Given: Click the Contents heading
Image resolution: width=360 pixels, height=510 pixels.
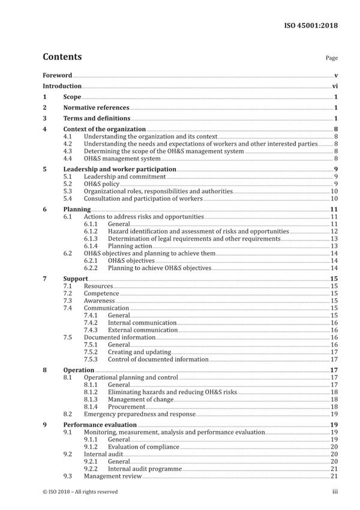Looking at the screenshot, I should [x=62, y=57].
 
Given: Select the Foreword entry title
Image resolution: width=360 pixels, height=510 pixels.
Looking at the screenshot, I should [x=58, y=76].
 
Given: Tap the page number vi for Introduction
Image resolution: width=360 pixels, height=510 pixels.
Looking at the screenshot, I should [x=335, y=86].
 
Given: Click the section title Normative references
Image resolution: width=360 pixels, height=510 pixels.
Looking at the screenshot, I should [x=96, y=108].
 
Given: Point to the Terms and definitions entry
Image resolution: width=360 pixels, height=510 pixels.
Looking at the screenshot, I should [x=97, y=119].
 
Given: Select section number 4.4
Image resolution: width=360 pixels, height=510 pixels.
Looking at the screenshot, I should [x=68, y=158].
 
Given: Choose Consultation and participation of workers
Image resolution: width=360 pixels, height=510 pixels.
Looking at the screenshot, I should [x=143, y=199].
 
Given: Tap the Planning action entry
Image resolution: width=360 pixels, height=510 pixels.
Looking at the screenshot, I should [x=131, y=246].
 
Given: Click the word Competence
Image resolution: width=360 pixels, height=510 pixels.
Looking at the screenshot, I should [x=101, y=293].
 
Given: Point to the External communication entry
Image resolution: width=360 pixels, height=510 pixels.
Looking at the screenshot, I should [x=143, y=330].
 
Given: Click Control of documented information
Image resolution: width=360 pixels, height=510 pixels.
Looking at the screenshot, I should [x=158, y=359].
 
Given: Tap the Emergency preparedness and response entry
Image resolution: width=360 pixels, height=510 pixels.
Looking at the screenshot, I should [x=139, y=414].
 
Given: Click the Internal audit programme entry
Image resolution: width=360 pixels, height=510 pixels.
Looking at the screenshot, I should [x=147, y=469].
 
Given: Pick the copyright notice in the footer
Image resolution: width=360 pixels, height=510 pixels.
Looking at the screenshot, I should [x=80, y=492].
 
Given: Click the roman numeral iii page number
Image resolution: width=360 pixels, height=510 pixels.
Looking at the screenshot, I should [x=335, y=492].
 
